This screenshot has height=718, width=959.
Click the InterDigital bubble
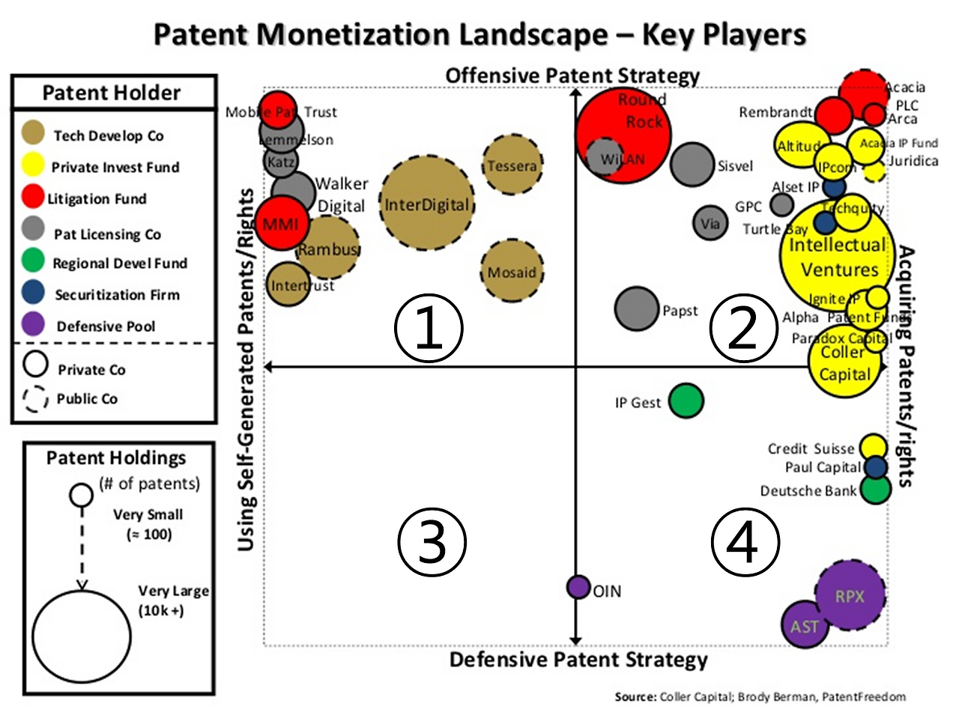(x=427, y=204)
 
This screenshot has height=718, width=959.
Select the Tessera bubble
(x=512, y=165)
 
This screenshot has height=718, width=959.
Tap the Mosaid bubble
(x=512, y=272)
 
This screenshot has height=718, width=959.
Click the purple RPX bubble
(x=850, y=596)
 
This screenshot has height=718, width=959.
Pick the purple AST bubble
(x=805, y=625)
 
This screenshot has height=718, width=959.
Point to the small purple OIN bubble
(x=578, y=587)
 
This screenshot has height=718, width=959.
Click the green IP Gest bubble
(x=686, y=401)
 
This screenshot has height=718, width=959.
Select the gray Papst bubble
(x=636, y=308)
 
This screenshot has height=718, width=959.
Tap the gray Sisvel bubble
(x=692, y=165)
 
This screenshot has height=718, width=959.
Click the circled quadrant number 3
(x=432, y=541)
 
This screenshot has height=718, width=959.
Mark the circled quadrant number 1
(x=429, y=328)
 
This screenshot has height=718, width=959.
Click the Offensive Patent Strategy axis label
(x=572, y=76)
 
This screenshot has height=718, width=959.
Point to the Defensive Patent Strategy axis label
(x=578, y=660)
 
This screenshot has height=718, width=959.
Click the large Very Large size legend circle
(x=82, y=637)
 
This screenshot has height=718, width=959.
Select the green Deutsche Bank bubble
(x=874, y=489)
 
